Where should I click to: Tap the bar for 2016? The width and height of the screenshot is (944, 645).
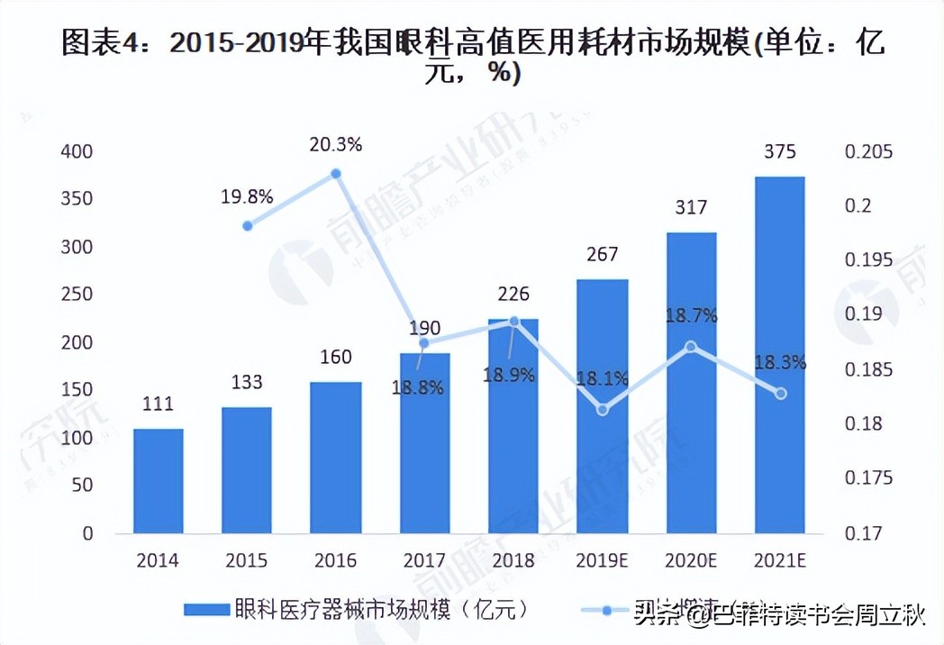[336, 457]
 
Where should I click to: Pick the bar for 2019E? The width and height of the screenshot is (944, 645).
[603, 405]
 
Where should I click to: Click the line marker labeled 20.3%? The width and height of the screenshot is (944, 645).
[336, 173]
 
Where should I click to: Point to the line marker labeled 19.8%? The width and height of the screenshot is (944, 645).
[248, 225]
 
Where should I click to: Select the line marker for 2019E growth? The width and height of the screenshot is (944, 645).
[603, 410]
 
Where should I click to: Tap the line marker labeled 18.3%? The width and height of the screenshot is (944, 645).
[781, 394]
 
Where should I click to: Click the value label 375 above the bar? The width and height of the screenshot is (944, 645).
[779, 151]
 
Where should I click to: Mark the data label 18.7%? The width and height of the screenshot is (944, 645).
[691, 315]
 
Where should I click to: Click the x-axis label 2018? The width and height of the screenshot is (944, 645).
[513, 560]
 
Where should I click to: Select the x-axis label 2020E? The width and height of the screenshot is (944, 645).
[691, 560]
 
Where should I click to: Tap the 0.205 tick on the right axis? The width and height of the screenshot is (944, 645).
[869, 151]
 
